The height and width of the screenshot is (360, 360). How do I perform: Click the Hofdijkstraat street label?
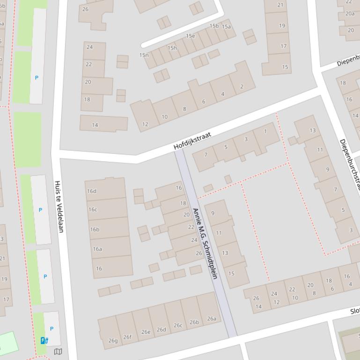192,141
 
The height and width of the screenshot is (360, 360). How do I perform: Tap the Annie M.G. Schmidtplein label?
205,243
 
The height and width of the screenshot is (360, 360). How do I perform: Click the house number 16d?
92,191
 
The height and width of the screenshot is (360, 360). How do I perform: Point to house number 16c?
93,209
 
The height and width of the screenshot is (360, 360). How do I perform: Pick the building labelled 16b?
95,229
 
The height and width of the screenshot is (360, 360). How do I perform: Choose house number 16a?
97,249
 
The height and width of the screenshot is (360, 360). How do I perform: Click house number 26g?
113,340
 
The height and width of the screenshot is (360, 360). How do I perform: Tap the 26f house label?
127,337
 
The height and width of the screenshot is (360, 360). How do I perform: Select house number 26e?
146,332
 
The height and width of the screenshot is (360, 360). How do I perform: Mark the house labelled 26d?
161,329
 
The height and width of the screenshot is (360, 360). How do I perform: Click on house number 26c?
178,325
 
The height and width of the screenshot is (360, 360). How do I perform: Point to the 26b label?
194,322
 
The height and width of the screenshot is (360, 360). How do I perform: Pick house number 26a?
211,318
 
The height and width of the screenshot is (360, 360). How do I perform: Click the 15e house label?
190,36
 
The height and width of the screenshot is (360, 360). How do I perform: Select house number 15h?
172,48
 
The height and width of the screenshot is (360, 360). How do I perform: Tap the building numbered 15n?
144,55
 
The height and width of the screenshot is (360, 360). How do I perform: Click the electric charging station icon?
44,340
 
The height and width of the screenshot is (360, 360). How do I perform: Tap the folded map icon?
58,352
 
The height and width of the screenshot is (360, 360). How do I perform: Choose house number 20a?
350,14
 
